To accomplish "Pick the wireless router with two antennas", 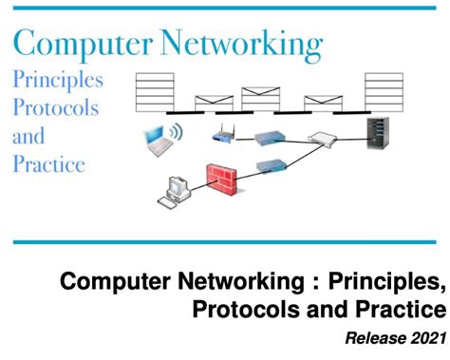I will (225, 133).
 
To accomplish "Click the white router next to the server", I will (324, 141).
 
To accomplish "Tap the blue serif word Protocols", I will (55, 107).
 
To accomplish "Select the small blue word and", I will (28, 136).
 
